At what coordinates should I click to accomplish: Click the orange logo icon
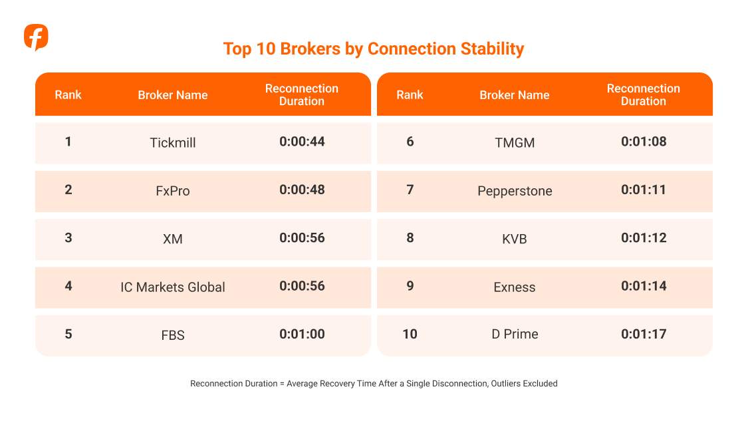tap(37, 37)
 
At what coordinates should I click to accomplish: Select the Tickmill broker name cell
tap(173, 143)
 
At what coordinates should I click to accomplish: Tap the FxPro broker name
tap(173, 191)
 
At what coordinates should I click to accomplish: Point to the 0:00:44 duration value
tap(302, 142)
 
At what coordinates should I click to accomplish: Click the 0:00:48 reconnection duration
tap(302, 190)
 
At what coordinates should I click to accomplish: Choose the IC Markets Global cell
tap(173, 287)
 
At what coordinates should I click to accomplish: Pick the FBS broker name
tap(173, 335)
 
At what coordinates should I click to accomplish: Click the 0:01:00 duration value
tap(302, 334)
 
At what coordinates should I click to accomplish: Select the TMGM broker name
tap(515, 143)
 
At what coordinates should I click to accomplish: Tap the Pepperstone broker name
tap(515, 191)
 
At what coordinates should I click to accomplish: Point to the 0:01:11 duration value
tap(644, 190)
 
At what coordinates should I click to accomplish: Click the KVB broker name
tap(515, 239)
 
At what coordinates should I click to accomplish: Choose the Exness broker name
tap(515, 287)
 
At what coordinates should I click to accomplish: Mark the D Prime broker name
tap(515, 334)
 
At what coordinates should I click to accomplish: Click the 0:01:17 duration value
tap(644, 334)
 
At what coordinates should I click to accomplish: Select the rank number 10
tap(410, 334)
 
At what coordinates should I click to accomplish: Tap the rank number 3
tap(68, 237)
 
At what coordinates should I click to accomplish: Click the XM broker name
tap(173, 239)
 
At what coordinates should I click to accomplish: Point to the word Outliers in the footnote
tap(506, 383)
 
